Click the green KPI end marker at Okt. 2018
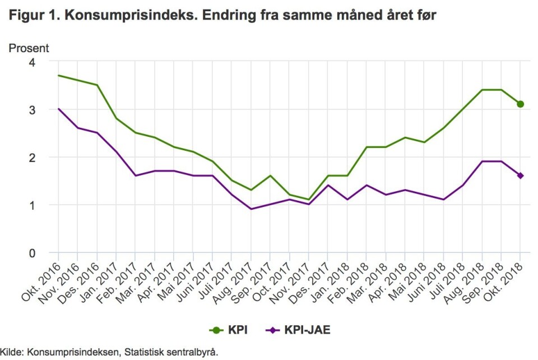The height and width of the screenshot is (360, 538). click(520, 104)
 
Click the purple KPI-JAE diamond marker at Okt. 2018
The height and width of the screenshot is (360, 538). click(520, 176)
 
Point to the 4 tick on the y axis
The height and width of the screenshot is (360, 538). click(40, 62)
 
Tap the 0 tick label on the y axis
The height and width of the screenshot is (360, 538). click(40, 253)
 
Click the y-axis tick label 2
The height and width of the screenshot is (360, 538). click(40, 158)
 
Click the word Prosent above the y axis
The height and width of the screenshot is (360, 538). click(29, 48)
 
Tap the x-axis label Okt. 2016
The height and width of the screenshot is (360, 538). click(41, 280)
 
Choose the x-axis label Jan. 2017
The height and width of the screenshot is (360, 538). click(99, 280)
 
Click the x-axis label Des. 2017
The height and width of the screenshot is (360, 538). click(311, 280)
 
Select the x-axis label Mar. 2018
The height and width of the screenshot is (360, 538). click(369, 280)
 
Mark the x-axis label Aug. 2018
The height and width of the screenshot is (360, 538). click(465, 280)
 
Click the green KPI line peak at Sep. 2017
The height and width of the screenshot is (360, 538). click(270, 176)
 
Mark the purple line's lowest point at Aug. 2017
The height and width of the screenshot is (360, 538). click(251, 209)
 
